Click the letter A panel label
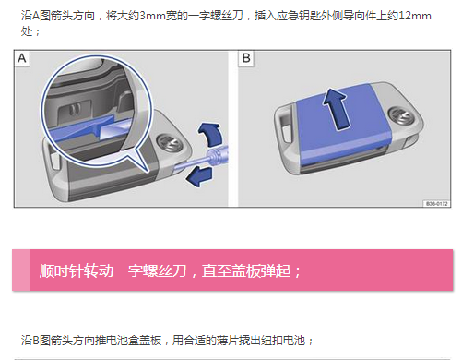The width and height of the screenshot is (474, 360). coord(22,58)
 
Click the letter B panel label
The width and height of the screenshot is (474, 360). coord(246,58)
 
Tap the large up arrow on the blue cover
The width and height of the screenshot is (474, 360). coord(336,108)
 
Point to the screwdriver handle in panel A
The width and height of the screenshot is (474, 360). coord(219,155)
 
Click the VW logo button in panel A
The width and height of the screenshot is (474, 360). coord(168,143)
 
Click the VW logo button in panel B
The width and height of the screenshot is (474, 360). coord(400,115)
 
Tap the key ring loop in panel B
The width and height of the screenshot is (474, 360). coord(283,127)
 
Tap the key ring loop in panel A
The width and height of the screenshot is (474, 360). coord(53,158)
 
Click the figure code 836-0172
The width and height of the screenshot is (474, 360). coord(436,204)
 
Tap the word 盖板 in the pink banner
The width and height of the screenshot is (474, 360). coord(246,271)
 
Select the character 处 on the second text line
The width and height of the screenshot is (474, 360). coord(27,31)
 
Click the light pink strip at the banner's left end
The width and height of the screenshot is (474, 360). coord(21,270)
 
